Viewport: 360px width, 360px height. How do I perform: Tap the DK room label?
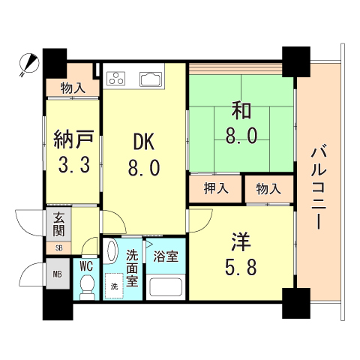[x=145, y=142]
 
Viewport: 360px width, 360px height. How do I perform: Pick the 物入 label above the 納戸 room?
[x=72, y=88]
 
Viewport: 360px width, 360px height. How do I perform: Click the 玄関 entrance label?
[x=58, y=224]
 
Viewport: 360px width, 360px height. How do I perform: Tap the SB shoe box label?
[x=58, y=247]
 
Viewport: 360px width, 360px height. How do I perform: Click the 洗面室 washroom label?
[x=133, y=268]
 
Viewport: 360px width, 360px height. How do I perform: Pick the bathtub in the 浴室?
[x=166, y=286]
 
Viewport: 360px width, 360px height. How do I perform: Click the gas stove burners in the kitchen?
[x=117, y=77]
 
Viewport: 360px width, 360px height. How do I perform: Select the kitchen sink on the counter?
[x=150, y=78]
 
